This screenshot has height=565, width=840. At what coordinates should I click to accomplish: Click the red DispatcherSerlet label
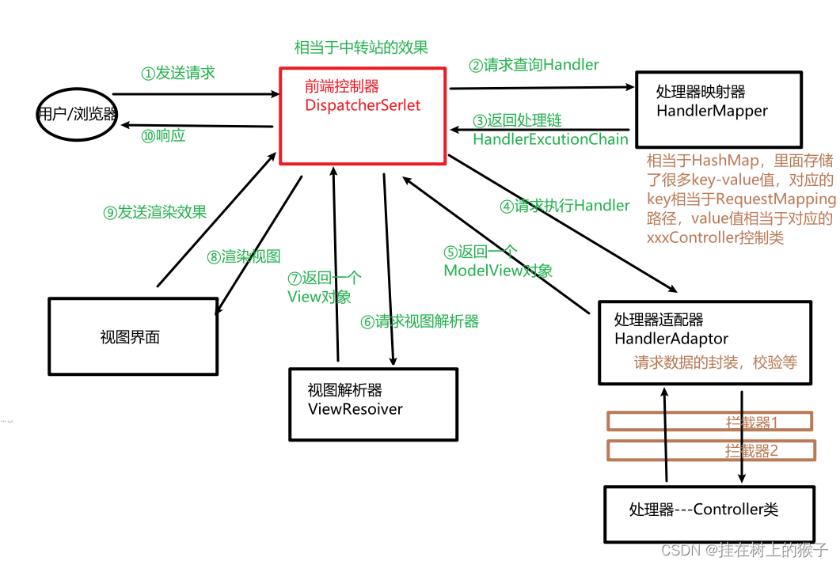tap(363, 105)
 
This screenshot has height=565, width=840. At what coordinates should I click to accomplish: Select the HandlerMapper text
tap(712, 112)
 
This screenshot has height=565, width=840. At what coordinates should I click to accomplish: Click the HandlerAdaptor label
tap(671, 339)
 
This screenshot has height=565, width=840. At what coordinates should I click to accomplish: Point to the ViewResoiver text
tap(355, 409)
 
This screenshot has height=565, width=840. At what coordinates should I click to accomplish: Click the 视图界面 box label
tap(130, 337)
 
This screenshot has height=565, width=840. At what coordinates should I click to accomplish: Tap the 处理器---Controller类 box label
tap(704, 510)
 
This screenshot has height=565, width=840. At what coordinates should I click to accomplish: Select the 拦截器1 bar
tap(710, 422)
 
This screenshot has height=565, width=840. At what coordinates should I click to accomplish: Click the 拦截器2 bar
tap(710, 451)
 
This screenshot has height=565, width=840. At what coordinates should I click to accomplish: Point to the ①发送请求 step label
tap(178, 73)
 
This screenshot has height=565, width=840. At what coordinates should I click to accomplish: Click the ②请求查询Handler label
tap(534, 65)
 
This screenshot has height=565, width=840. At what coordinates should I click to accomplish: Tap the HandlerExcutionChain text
tap(550, 139)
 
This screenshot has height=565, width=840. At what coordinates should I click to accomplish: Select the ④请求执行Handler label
tap(564, 206)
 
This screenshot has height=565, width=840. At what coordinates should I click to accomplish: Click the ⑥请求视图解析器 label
tap(420, 321)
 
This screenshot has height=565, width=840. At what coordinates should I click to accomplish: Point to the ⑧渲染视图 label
tap(244, 256)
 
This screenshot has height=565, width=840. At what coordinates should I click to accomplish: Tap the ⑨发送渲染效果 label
tap(155, 211)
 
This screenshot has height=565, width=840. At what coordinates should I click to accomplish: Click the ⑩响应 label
tap(163, 135)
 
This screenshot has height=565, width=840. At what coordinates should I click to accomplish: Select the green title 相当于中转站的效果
tap(361, 47)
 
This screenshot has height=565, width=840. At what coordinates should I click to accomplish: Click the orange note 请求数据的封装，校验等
tap(715, 362)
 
